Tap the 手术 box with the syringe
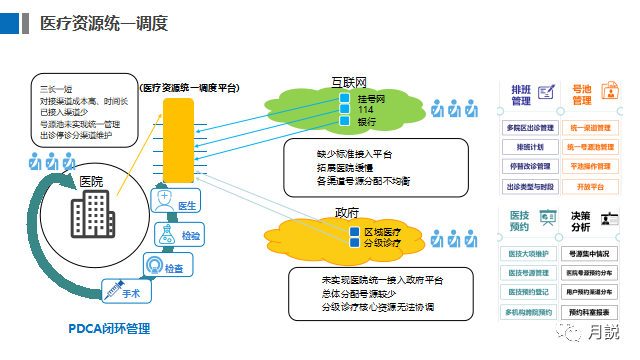click(x=124, y=292)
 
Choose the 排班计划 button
click(x=531, y=146)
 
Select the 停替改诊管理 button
click(x=531, y=166)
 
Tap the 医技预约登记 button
click(x=531, y=292)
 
